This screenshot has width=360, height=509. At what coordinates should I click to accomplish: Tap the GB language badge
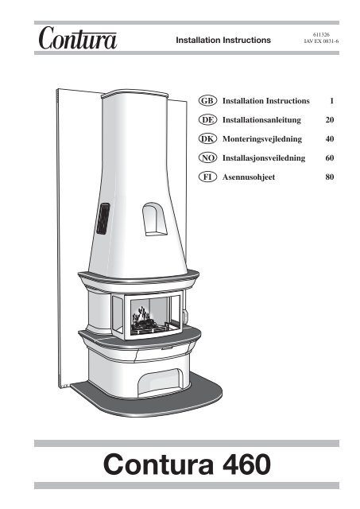(208, 102)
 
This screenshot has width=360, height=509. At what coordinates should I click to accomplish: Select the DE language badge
(208, 120)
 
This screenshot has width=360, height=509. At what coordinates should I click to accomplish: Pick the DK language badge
(208, 138)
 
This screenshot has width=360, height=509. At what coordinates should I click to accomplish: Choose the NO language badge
(208, 157)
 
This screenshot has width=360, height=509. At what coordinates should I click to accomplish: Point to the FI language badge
(208, 176)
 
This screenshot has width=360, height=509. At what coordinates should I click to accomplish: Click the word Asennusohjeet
(250, 176)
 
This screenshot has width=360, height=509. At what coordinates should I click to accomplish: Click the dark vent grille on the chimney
(103, 218)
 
